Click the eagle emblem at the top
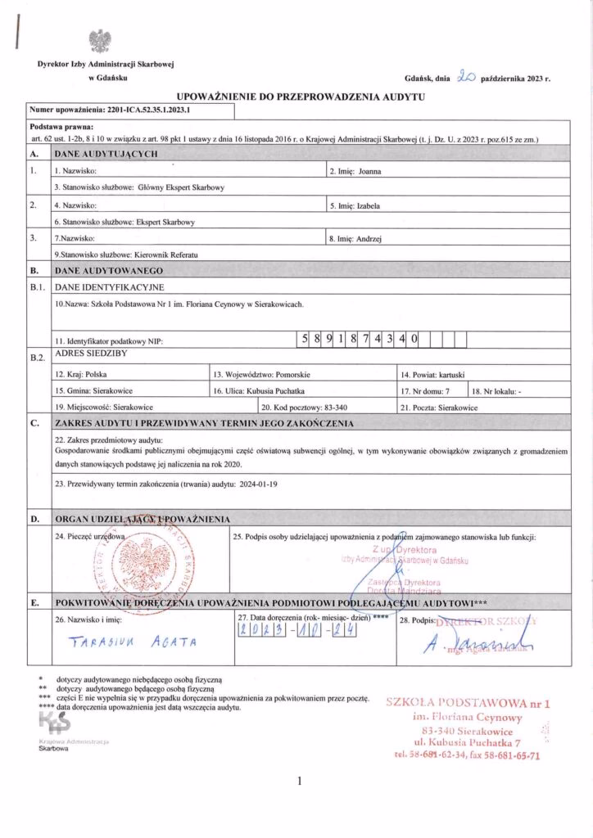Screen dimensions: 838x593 point(101,42)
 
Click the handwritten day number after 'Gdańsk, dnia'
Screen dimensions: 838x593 point(467,79)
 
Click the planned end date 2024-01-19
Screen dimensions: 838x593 point(260,483)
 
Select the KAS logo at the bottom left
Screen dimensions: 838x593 point(55,720)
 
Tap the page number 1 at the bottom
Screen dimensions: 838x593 point(300,781)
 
